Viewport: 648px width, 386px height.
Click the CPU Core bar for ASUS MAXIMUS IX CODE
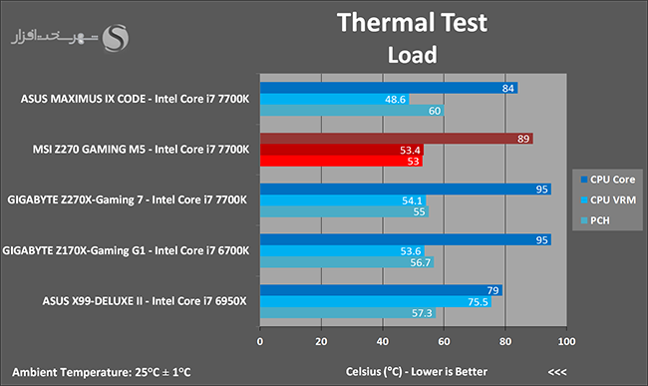click(x=389, y=88)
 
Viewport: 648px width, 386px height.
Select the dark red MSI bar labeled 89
click(x=397, y=139)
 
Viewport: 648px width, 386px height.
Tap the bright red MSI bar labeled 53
click(x=341, y=162)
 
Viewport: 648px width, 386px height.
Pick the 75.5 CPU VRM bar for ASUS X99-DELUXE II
click(x=376, y=301)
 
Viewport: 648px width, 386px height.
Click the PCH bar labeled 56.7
click(x=347, y=262)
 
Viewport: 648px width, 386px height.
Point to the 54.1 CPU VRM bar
click(x=343, y=200)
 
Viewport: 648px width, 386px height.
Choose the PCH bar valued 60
click(x=352, y=111)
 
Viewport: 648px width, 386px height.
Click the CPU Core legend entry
click(x=607, y=180)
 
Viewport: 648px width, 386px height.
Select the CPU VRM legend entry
click(x=608, y=200)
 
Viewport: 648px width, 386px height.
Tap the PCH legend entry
click(x=595, y=220)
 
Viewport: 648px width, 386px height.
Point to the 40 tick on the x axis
click(x=383, y=341)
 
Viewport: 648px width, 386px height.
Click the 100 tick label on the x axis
click(x=566, y=341)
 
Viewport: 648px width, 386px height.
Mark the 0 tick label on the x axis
click(x=260, y=341)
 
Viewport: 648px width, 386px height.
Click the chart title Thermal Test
click(x=412, y=22)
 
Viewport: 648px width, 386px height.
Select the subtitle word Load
click(x=412, y=55)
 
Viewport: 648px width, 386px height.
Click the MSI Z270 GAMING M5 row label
click(x=141, y=150)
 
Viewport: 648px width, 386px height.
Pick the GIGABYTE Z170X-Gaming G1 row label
click(x=126, y=251)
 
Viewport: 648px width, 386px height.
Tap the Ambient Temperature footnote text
click(x=102, y=372)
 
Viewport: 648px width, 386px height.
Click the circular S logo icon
click(x=116, y=38)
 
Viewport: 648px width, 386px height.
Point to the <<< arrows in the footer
click(x=557, y=372)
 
